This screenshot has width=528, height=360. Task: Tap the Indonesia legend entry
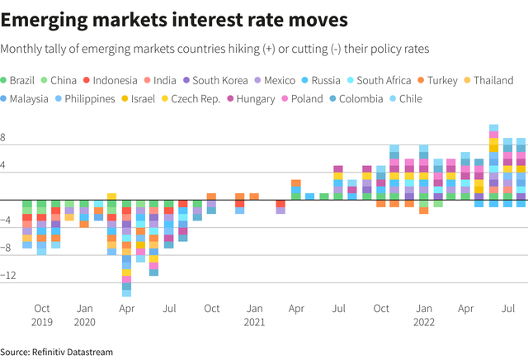[x=115, y=80]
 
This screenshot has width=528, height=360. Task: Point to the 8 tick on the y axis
[x=5, y=140]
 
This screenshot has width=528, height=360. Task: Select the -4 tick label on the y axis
[x=6, y=220]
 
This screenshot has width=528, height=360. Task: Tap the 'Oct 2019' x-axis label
[x=42, y=315]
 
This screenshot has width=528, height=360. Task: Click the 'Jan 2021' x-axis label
[x=255, y=315]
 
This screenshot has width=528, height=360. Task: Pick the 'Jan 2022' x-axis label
[x=424, y=315]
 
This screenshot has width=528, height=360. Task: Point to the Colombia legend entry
[x=357, y=99]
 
